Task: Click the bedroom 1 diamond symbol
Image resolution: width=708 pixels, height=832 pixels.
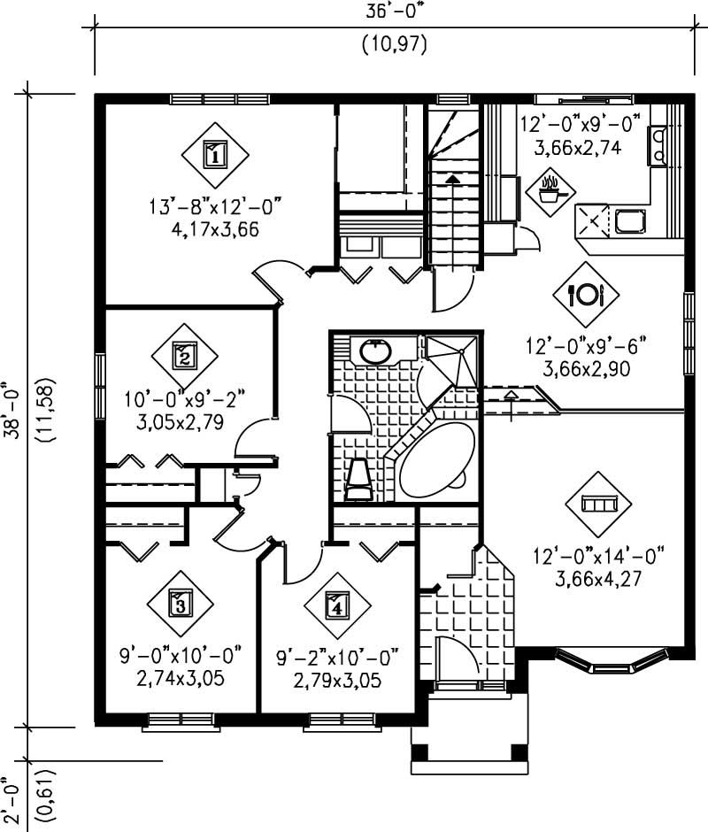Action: pyautogui.click(x=214, y=155)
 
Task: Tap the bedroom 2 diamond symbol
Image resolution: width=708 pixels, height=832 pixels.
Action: pyautogui.click(x=184, y=357)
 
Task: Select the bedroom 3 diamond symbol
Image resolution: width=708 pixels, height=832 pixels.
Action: pyautogui.click(x=180, y=605)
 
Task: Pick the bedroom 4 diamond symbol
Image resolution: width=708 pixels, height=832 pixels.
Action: pyautogui.click(x=337, y=606)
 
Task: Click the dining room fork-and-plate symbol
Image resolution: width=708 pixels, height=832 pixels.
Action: pyautogui.click(x=586, y=295)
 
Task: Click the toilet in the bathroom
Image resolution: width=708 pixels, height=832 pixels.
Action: pyautogui.click(x=358, y=477)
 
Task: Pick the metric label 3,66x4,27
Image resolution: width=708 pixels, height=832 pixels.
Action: pyautogui.click(x=598, y=580)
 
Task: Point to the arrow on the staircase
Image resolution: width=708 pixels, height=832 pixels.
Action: pyautogui.click(x=453, y=180)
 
